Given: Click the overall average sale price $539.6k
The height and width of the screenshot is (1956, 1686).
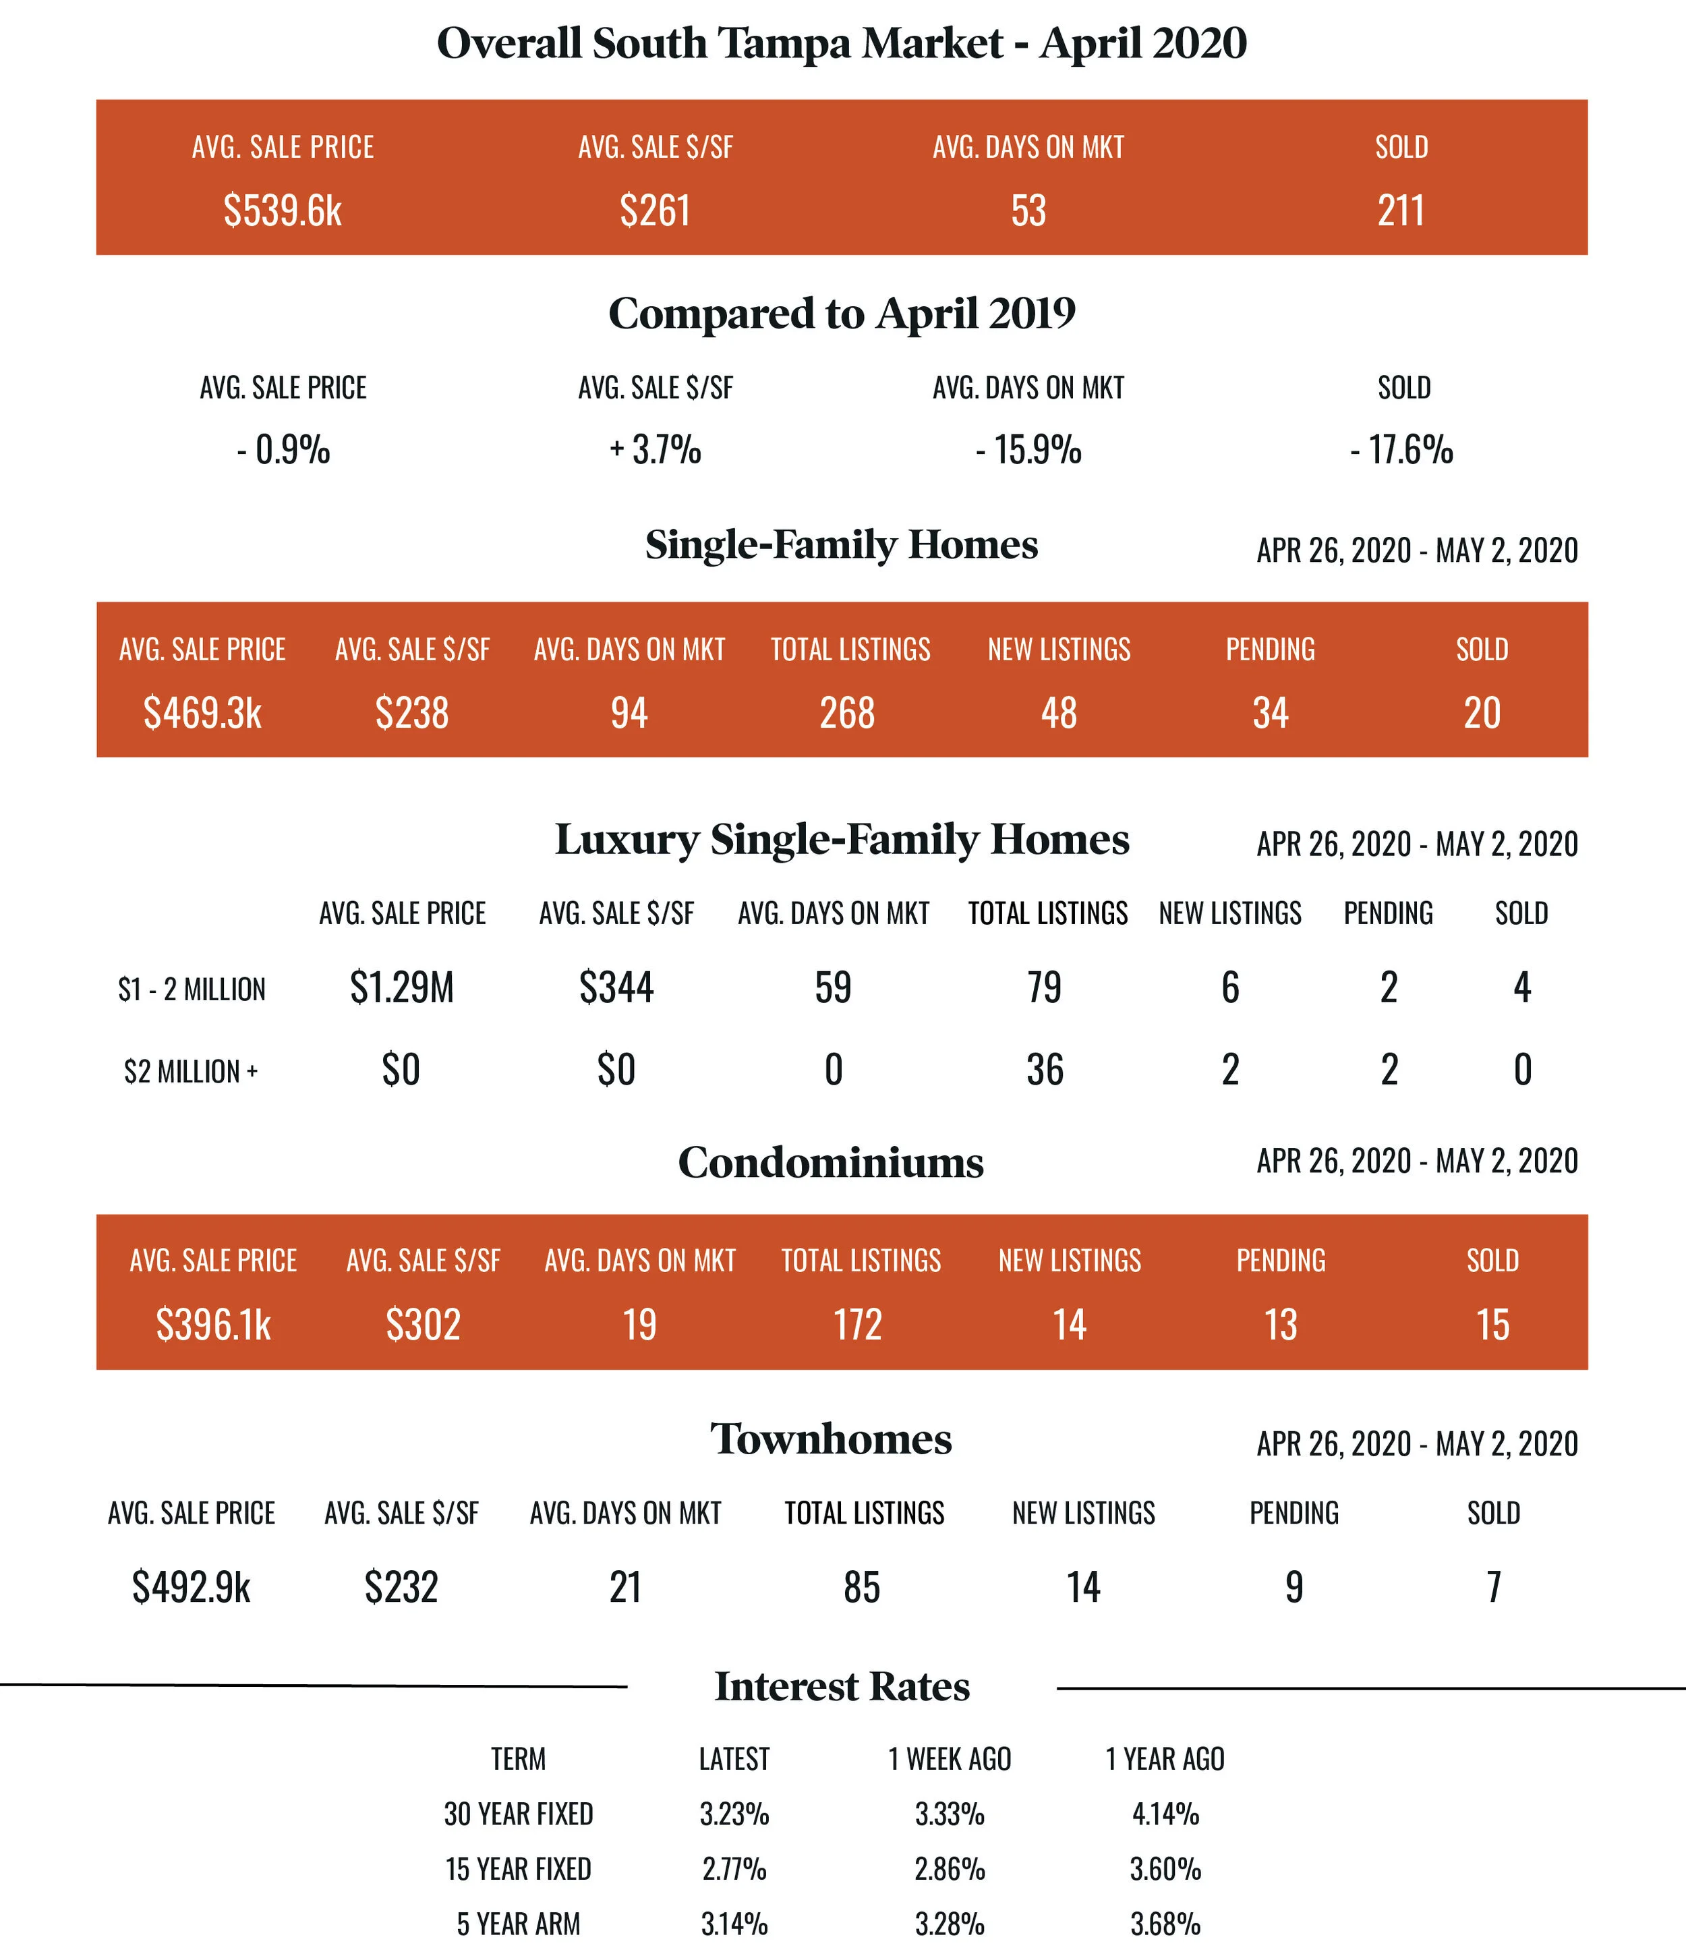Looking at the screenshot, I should [x=283, y=210].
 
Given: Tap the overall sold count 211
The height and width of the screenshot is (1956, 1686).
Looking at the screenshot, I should [x=1401, y=210].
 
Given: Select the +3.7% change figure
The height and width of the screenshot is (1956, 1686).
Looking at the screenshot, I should [x=655, y=451].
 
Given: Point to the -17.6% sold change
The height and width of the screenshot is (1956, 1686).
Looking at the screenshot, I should [x=1402, y=451].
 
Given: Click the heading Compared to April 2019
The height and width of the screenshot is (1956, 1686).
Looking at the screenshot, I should [x=842, y=314].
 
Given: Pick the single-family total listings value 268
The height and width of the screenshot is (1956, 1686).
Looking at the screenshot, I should [x=847, y=713].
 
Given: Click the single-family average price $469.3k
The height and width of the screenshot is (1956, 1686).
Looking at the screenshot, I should [x=202, y=713].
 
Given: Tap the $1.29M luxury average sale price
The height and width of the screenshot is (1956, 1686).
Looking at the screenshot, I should [x=401, y=987].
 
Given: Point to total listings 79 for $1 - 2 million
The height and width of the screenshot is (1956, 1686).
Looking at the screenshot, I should [x=1044, y=987].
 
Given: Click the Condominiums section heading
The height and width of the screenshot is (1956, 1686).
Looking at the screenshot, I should [x=831, y=1162].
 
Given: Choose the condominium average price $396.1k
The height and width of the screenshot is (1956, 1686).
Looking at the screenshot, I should [x=213, y=1325].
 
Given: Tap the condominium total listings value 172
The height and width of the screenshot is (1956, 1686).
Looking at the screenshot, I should [x=857, y=1325].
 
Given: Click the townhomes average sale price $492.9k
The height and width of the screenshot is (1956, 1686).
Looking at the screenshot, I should [x=191, y=1587].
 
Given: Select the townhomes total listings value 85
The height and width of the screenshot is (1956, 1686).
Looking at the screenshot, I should [x=862, y=1587].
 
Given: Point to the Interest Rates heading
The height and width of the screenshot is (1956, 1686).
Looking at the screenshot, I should [x=842, y=1687].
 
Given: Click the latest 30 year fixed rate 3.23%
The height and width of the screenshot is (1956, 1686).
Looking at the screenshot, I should [x=734, y=1814].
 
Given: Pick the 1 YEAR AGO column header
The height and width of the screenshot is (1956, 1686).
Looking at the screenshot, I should [x=1165, y=1758].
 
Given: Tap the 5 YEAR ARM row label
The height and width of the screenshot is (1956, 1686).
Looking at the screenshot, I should [x=518, y=1923].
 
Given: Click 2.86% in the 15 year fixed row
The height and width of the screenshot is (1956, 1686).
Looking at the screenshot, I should [x=950, y=1868].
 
